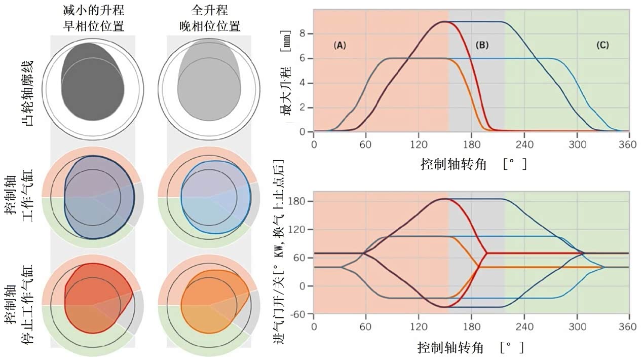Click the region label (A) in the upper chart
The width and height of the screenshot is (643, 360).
[x=339, y=45]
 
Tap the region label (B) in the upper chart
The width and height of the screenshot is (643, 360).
[x=482, y=45]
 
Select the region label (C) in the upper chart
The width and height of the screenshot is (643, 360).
[x=602, y=45]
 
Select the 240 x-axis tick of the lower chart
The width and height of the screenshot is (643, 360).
[x=524, y=326]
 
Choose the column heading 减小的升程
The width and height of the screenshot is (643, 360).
[x=93, y=10]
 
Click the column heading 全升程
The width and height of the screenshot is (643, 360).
[x=209, y=10]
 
